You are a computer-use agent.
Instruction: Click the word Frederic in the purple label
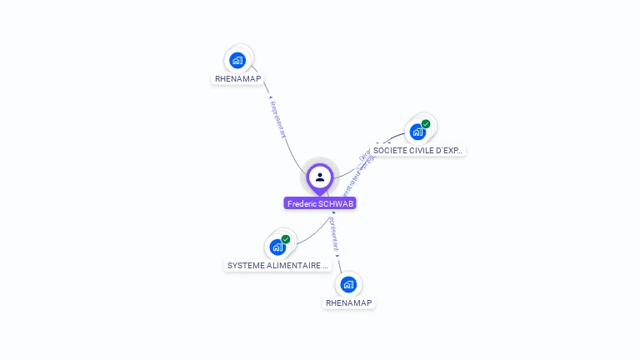(x=302, y=203)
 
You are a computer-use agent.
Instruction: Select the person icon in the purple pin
(x=320, y=177)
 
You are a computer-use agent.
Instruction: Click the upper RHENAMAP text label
(x=238, y=79)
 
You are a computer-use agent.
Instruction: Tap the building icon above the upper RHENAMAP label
(x=238, y=60)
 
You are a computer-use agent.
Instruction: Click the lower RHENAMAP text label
(x=348, y=303)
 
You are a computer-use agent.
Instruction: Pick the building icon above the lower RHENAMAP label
(x=348, y=284)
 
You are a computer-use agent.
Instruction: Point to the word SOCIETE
(x=390, y=151)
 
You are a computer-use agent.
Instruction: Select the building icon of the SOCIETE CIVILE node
(x=417, y=132)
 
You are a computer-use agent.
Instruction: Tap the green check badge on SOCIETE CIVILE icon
(x=426, y=124)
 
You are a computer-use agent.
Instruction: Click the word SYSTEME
(x=246, y=266)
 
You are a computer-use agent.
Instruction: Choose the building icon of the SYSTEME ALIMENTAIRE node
(x=277, y=247)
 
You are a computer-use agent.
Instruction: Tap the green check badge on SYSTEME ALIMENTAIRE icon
(x=286, y=239)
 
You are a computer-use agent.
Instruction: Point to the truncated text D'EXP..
(x=449, y=151)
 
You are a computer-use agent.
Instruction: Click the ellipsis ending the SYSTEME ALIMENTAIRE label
(x=326, y=266)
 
